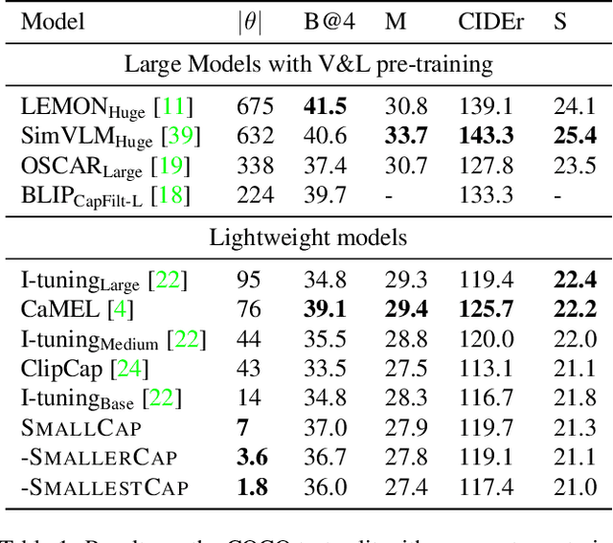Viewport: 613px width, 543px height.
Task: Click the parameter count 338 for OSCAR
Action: (255, 167)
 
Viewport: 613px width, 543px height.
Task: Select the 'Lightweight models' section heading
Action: (306, 238)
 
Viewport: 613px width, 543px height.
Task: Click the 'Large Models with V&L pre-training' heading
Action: (306, 64)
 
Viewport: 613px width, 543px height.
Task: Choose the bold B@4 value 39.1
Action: (324, 309)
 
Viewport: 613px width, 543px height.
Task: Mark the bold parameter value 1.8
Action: (253, 487)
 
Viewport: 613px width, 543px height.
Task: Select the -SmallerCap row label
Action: (99, 458)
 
